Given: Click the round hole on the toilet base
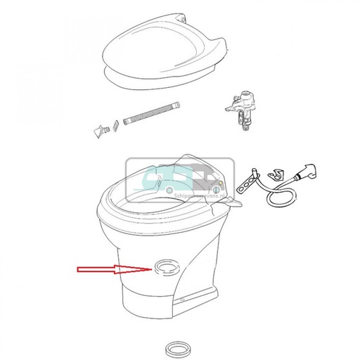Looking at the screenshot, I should [165, 266].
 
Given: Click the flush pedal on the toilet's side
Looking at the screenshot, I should [235, 203].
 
